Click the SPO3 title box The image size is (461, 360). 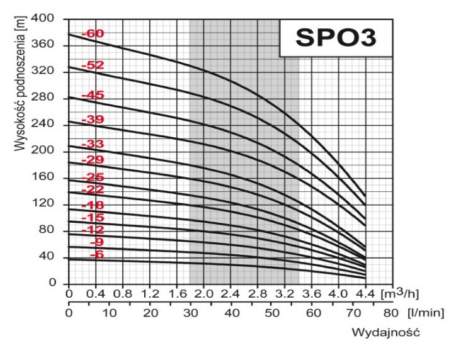(336, 38)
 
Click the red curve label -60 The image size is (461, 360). (93, 33)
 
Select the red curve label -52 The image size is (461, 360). (93, 65)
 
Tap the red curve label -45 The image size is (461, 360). (93, 95)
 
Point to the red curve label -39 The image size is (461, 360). (93, 120)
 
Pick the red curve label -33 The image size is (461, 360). (93, 144)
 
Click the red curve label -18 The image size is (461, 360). (93, 205)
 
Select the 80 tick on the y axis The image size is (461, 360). (53, 230)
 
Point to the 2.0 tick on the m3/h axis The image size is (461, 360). (203, 294)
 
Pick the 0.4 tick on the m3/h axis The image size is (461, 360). (96, 294)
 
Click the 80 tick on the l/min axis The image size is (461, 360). (391, 313)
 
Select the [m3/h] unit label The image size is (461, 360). (400, 293)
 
